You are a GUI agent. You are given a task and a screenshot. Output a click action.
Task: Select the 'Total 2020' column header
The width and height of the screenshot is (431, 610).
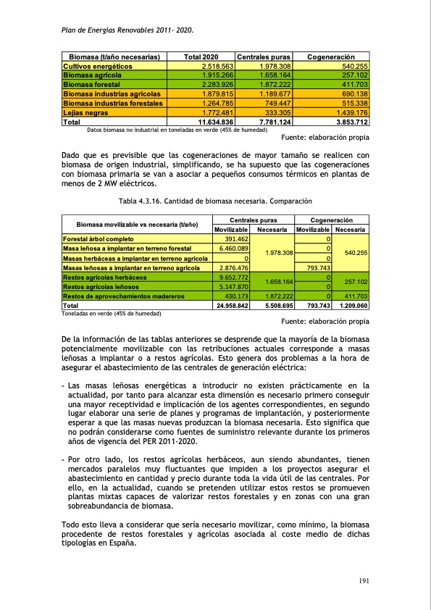201,57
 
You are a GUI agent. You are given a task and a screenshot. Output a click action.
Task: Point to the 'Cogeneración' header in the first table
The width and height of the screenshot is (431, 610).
330,57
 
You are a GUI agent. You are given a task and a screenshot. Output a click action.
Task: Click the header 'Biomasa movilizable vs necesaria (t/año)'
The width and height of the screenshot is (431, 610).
138,225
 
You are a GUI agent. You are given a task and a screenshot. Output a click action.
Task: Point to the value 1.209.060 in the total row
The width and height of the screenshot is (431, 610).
351,306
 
